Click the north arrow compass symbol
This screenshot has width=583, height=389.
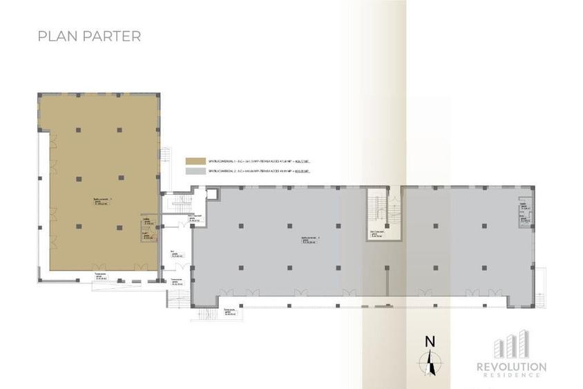430,361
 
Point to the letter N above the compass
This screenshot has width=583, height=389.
430,340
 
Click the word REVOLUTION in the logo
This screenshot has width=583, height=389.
513,366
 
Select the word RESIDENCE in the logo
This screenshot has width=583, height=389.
513,375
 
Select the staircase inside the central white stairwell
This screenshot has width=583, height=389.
377,207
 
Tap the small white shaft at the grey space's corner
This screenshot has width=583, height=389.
211,194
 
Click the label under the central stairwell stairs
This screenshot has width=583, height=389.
376,234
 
